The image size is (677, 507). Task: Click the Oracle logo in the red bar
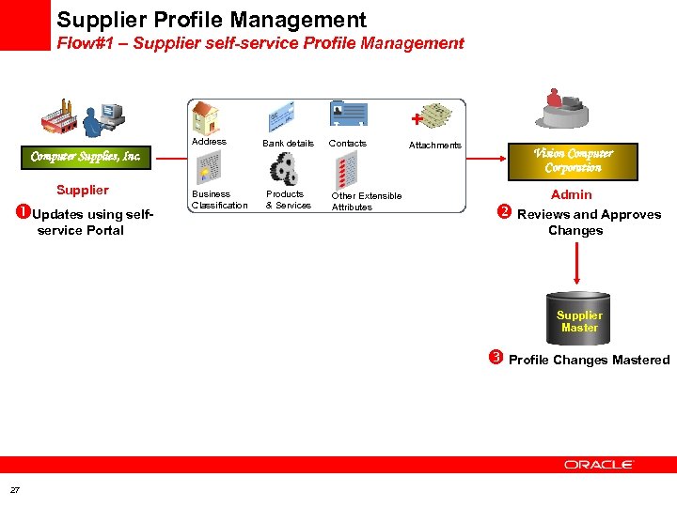coord(598,464)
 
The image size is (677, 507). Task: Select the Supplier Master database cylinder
coord(578,318)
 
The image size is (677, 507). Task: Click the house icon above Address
coord(205,117)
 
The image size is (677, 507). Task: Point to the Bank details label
coord(288,144)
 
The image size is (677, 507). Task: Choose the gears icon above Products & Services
coord(285,169)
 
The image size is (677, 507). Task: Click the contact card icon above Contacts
coord(348,115)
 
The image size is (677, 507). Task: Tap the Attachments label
coord(435,145)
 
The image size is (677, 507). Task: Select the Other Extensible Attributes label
coord(366,201)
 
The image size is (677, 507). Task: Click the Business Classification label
coord(219,199)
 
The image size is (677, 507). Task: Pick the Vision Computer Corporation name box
coord(573,161)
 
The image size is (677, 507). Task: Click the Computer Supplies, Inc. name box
coord(86,157)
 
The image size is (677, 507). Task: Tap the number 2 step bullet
coord(503,212)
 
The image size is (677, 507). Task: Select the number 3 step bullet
coord(495,358)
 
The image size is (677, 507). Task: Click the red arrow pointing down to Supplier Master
coord(575,265)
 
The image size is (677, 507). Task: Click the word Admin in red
coord(571,194)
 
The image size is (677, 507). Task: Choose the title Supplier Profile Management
coord(212,19)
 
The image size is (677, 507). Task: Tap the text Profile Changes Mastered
coord(589,360)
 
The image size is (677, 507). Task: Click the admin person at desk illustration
coord(561,110)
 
